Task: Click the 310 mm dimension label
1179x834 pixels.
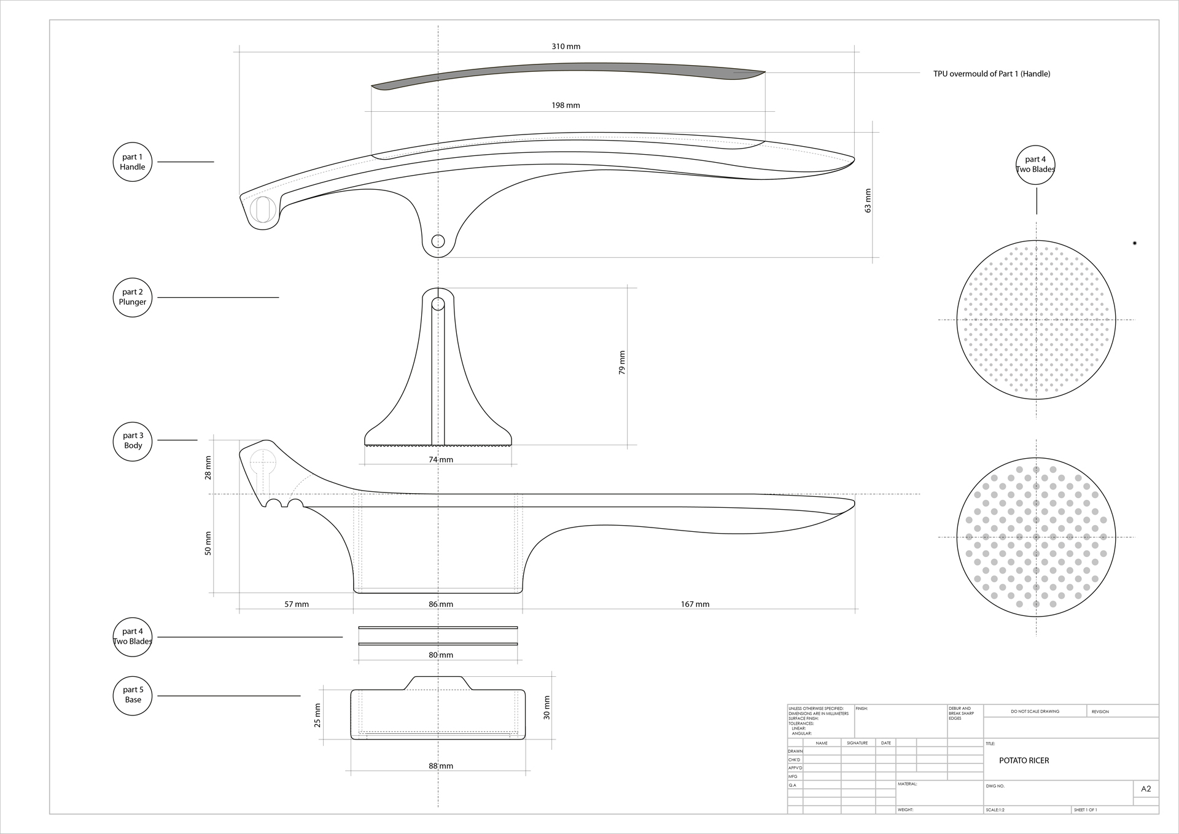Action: point(566,47)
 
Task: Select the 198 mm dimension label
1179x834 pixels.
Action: point(566,106)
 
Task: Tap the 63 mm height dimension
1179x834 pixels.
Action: point(868,200)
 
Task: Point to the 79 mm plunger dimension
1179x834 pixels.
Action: point(622,363)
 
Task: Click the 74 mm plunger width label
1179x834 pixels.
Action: point(441,460)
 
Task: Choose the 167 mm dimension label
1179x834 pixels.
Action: point(695,604)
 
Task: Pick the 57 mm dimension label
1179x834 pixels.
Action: point(297,604)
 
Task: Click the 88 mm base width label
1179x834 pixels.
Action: point(441,766)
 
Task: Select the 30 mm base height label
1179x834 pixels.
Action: point(547,707)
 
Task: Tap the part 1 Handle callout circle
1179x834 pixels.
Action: point(133,162)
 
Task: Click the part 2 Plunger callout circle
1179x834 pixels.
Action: point(133,297)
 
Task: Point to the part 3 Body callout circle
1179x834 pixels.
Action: point(133,441)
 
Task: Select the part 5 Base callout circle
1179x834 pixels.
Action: point(133,695)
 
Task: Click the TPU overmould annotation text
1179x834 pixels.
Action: point(992,74)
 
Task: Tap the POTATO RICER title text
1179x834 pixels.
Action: point(1024,761)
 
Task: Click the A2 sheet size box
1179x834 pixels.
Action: point(1146,789)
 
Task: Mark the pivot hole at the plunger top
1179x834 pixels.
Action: point(438,303)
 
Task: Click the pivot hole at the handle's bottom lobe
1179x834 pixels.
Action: point(438,241)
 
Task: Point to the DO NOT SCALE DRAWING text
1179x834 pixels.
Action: point(1035,712)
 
